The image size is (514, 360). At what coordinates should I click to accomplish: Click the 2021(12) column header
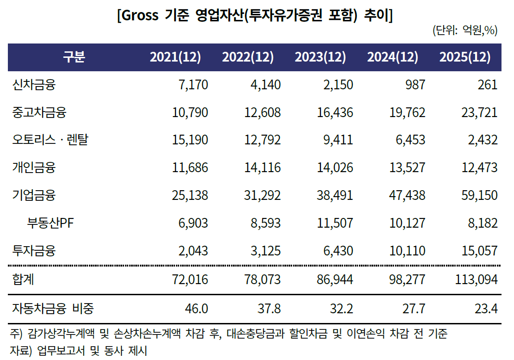pos(175,57)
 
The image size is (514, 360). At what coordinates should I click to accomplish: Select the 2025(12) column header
pos(464,57)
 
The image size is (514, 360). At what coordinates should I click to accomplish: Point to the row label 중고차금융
pos(39,112)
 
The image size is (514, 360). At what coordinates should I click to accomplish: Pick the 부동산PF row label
pos(50,223)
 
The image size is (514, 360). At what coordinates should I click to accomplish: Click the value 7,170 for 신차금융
pos(193,85)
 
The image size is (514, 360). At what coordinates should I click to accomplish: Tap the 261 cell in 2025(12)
pos(488,85)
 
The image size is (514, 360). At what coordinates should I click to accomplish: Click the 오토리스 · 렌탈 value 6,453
pos(410,140)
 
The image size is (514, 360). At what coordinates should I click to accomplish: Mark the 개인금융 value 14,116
pos(262,168)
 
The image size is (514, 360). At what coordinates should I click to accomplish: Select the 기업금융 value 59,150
pos(479,196)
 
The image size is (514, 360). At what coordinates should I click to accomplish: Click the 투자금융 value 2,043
pos(193,251)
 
